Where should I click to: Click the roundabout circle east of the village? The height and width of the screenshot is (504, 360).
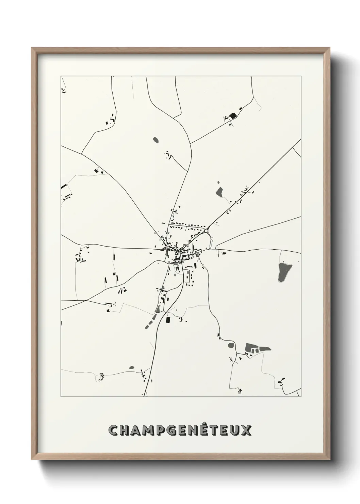[206, 231]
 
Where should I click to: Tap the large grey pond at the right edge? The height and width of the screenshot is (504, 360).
[283, 272]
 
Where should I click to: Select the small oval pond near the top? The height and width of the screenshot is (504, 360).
[156, 139]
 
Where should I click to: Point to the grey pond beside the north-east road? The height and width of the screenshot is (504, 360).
[219, 192]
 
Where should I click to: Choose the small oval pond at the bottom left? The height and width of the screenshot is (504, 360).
[132, 368]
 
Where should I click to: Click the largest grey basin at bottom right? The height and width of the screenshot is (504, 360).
[251, 348]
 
